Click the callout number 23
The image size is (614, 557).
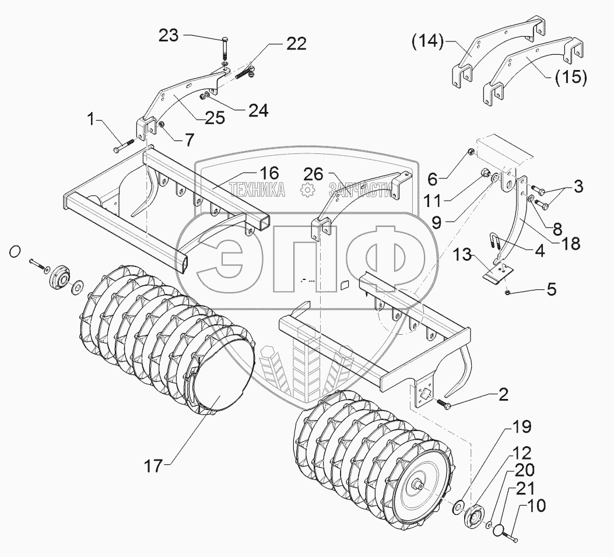[x=169, y=36]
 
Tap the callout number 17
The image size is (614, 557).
[x=153, y=466]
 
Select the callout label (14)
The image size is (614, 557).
[x=427, y=41]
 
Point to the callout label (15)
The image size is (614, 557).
[x=571, y=77]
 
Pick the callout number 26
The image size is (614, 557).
[x=314, y=174]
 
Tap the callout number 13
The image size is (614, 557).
[x=462, y=255]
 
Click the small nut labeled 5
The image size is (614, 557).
[x=508, y=292]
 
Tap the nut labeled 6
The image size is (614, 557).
[x=471, y=152]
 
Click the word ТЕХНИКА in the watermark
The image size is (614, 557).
[x=257, y=190]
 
